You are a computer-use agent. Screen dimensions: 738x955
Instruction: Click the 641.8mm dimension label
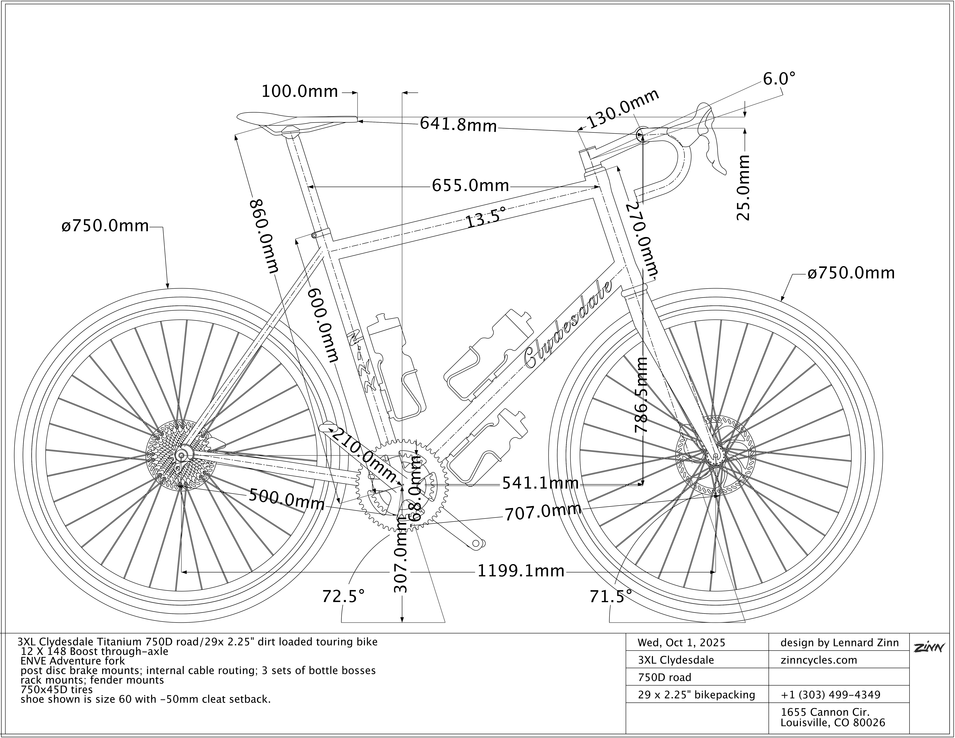point(458,125)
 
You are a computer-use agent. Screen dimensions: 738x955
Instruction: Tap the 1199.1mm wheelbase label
point(520,571)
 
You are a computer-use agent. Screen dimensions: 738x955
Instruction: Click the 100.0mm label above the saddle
point(300,92)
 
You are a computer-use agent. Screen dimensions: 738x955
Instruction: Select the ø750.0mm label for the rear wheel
point(105,226)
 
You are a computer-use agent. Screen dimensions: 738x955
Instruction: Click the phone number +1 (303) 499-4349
point(830,695)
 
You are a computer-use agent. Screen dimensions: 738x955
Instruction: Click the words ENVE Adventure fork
point(73,661)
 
